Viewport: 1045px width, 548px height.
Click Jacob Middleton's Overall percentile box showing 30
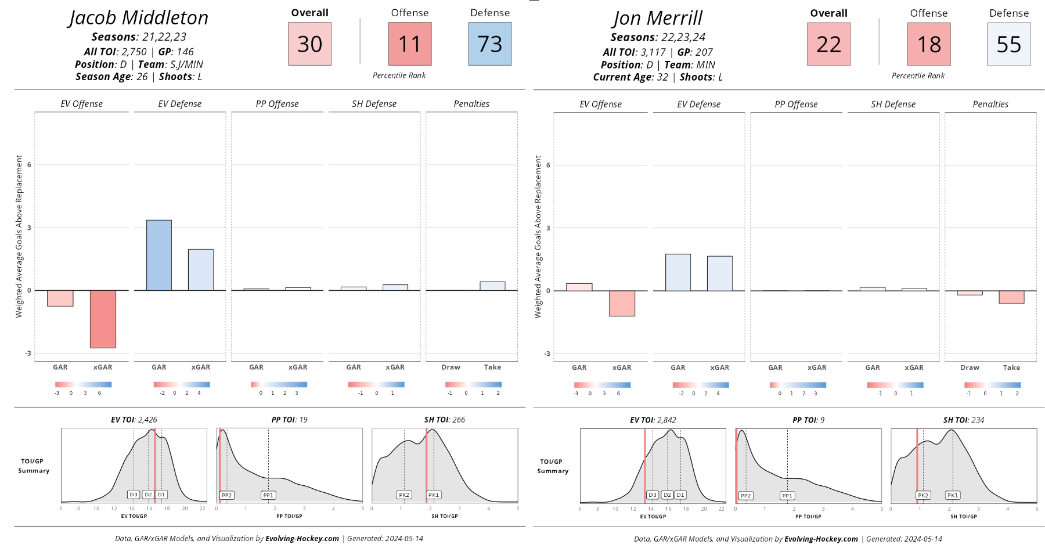coord(309,44)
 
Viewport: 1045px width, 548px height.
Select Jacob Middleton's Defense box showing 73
coord(490,44)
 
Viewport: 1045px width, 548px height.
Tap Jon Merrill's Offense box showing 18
coord(929,45)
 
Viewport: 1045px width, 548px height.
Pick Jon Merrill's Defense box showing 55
coord(1009,45)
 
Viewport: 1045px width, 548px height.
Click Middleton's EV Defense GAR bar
coord(159,255)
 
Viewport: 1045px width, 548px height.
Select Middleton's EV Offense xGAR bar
coord(103,319)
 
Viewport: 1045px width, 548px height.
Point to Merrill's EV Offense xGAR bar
coord(622,303)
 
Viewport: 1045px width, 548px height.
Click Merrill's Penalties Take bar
coord(1011,297)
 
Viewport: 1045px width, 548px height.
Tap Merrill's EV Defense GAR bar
coord(678,272)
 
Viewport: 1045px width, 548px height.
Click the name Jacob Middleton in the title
coord(138,18)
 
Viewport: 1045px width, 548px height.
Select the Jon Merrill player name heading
coord(657,19)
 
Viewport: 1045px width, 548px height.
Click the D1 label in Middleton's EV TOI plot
coord(161,495)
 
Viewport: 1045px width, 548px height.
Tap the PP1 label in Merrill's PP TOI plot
coord(787,496)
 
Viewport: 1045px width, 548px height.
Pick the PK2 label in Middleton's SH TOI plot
coord(404,495)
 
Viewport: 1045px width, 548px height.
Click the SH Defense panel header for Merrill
coord(893,104)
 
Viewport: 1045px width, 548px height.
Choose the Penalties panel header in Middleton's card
coord(471,104)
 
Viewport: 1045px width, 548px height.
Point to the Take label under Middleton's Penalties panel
coord(492,367)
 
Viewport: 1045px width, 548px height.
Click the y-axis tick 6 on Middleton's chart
coord(29,165)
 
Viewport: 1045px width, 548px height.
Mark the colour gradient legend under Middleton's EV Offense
coord(83,384)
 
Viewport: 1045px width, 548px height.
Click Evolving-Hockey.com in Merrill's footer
coord(821,539)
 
